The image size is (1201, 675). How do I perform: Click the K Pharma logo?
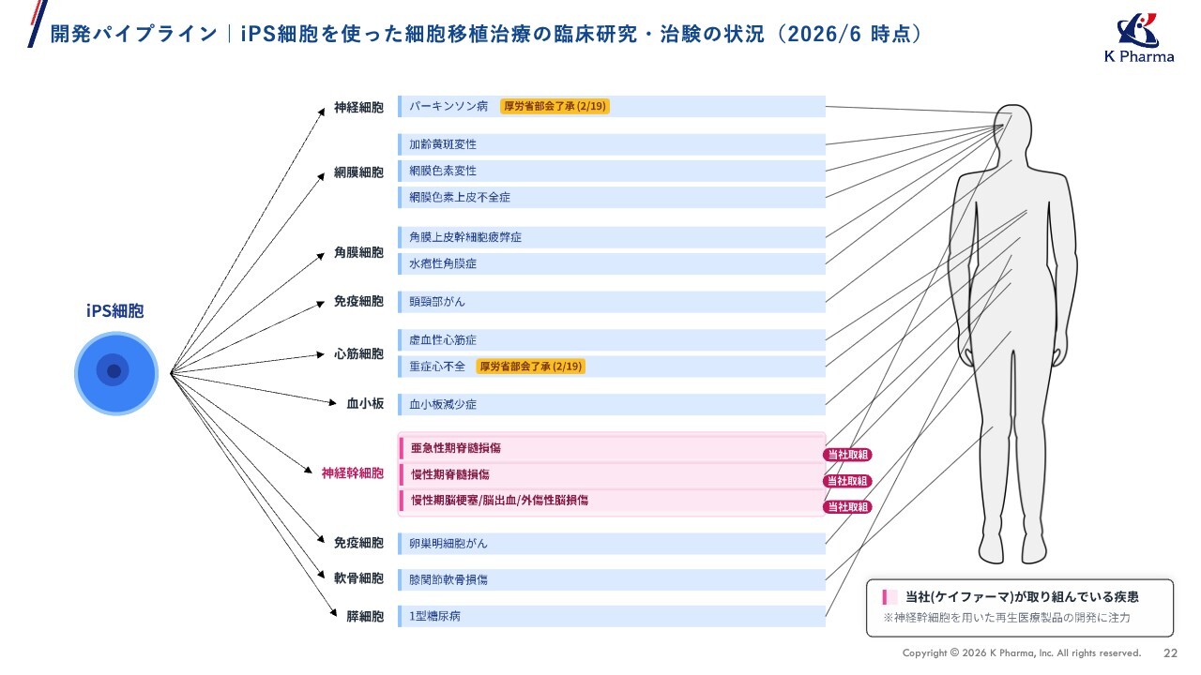pyautogui.click(x=1139, y=37)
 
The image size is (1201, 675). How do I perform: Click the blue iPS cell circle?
pyautogui.click(x=115, y=373)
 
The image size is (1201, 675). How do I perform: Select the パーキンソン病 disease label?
pyautogui.click(x=448, y=106)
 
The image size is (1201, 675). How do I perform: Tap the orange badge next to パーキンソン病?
pyautogui.click(x=555, y=106)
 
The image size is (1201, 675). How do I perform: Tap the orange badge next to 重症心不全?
pyautogui.click(x=531, y=367)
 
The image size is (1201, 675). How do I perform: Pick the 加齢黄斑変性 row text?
pyautogui.click(x=443, y=144)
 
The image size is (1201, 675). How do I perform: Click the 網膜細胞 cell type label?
pyautogui.click(x=358, y=172)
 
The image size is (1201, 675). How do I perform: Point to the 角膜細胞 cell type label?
pyautogui.click(x=358, y=252)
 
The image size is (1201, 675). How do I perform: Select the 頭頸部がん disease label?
pyautogui.click(x=437, y=302)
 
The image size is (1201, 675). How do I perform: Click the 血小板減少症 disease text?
pyautogui.click(x=443, y=404)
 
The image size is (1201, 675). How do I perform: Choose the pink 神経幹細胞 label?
pyautogui.click(x=352, y=473)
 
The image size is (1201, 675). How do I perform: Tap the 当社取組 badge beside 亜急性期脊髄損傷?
pyautogui.click(x=847, y=455)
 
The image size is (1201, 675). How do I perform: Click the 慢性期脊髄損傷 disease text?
pyautogui.click(x=450, y=474)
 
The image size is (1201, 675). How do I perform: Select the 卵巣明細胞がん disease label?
pyautogui.click(x=448, y=544)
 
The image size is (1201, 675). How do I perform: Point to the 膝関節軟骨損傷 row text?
pyautogui.click(x=448, y=579)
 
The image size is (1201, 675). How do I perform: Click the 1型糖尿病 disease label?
pyautogui.click(x=434, y=616)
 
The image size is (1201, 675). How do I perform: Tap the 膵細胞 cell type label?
pyautogui.click(x=365, y=617)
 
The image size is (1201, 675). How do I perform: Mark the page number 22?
pyautogui.click(x=1170, y=653)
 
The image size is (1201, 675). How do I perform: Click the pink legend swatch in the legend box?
pyautogui.click(x=889, y=597)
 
